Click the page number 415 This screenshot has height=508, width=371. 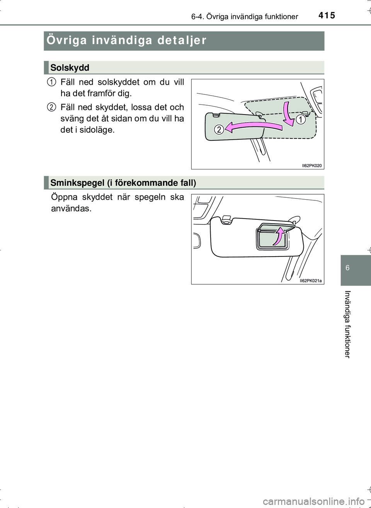(327, 15)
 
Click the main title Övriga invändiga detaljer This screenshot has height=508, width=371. (126, 40)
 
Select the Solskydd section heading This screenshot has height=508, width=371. (70, 68)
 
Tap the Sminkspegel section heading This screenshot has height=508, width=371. (123, 183)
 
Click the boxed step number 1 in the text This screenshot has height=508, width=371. (52, 82)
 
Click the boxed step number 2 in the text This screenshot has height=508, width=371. (52, 107)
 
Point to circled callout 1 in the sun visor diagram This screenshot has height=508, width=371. (301, 120)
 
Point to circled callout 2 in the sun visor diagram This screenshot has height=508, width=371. (219, 129)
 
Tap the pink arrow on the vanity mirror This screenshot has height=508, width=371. (278, 236)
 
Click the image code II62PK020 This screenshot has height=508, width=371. (311, 166)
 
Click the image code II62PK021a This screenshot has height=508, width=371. (310, 281)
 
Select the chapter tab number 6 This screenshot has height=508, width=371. (347, 268)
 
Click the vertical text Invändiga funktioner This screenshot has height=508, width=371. (347, 324)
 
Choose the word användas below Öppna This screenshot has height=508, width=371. (71, 209)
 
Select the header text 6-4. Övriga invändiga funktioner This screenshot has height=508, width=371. (244, 17)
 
